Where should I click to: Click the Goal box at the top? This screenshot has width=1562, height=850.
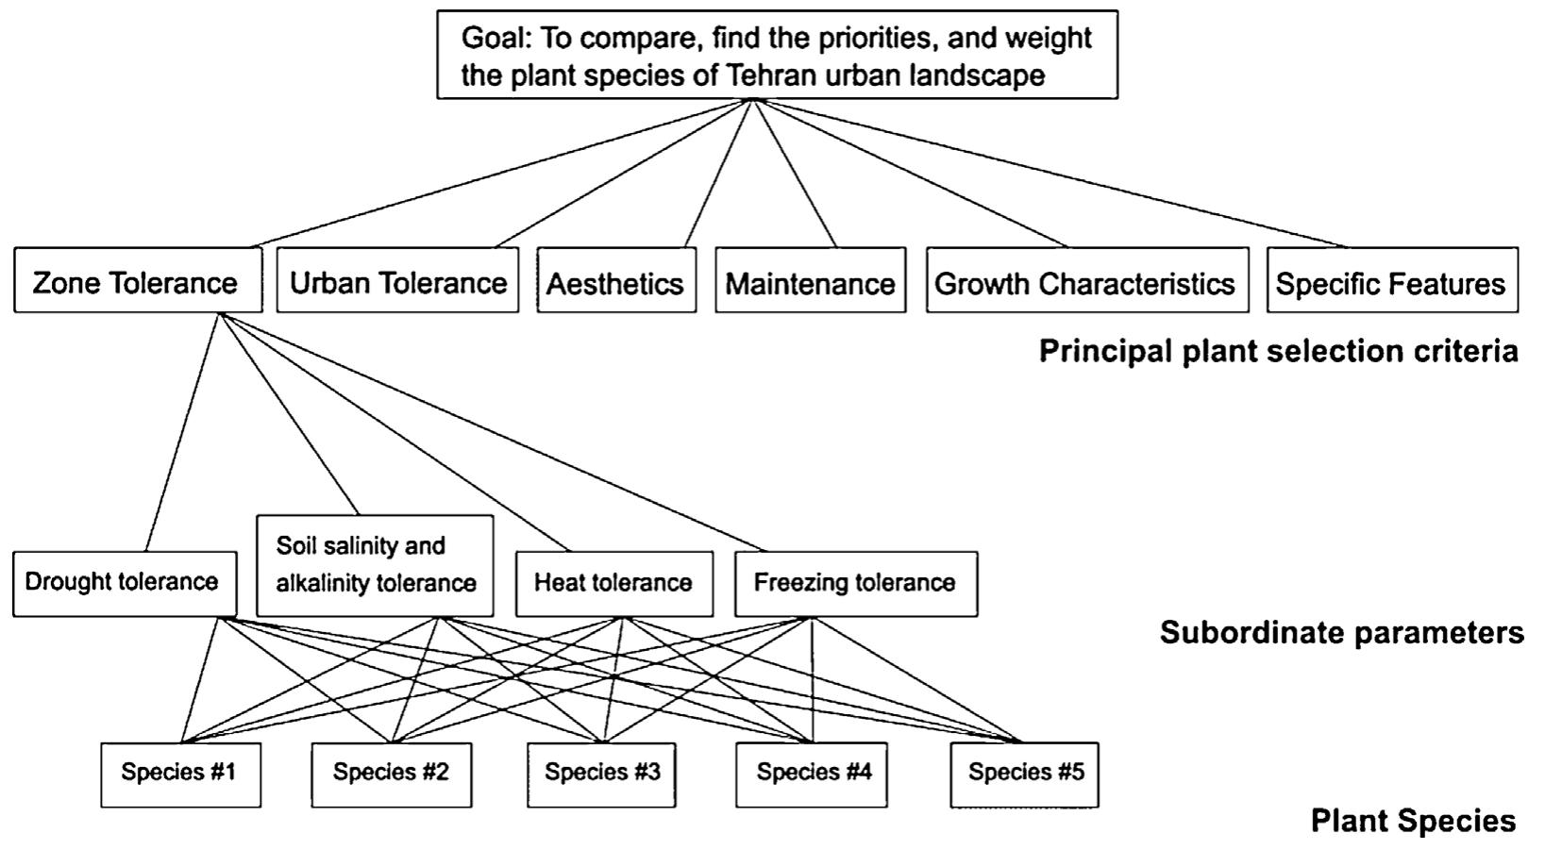pyautogui.click(x=777, y=55)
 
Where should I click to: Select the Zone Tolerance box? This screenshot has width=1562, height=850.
pyautogui.click(x=138, y=281)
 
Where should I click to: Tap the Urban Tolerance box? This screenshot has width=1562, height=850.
pyautogui.click(x=397, y=281)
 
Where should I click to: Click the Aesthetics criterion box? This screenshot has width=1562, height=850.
pyautogui.click(x=616, y=281)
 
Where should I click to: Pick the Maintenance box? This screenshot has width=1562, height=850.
pyautogui.click(x=810, y=281)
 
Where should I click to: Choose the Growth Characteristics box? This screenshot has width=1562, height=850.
pyautogui.click(x=1086, y=281)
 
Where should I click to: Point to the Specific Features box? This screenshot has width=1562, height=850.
pyautogui.click(x=1391, y=281)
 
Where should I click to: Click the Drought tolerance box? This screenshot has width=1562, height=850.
pyautogui.click(x=125, y=583)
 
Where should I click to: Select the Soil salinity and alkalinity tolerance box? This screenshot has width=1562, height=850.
pyautogui.click(x=375, y=565)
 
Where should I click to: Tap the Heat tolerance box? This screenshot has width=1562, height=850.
pyautogui.click(x=613, y=583)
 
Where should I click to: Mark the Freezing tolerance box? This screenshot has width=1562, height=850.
pyautogui.click(x=855, y=583)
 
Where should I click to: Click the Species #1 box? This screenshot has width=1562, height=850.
pyautogui.click(x=180, y=774)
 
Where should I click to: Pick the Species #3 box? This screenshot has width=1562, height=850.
pyautogui.click(x=601, y=774)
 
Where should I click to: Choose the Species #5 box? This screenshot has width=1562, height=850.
pyautogui.click(x=1024, y=774)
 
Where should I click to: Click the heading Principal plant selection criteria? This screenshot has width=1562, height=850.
pyautogui.click(x=1278, y=351)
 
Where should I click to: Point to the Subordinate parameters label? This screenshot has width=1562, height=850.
pyautogui.click(x=1341, y=632)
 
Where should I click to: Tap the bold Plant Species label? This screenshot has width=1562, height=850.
pyautogui.click(x=1413, y=821)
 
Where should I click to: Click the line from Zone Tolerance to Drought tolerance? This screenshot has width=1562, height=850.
pyautogui.click(x=182, y=433)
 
